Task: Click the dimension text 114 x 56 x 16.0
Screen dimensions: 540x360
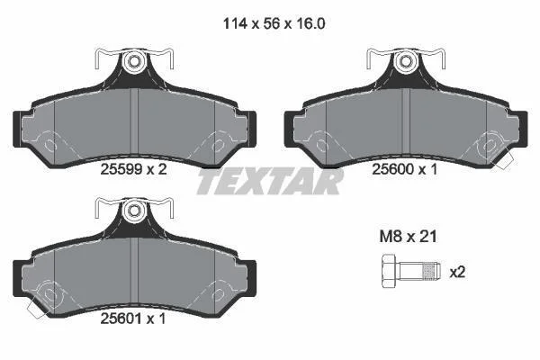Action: click(274, 23)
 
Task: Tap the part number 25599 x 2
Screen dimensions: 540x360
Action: click(133, 169)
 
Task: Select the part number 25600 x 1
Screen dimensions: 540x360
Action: click(405, 169)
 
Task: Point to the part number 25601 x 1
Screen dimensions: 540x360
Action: click(133, 319)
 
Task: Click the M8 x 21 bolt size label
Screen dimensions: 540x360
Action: click(408, 237)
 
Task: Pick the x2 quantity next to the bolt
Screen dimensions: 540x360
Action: click(458, 273)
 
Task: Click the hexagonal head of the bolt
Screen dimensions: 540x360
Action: click(390, 271)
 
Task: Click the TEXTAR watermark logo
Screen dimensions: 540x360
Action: click(270, 181)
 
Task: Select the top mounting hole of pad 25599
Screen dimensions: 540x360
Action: click(133, 62)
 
